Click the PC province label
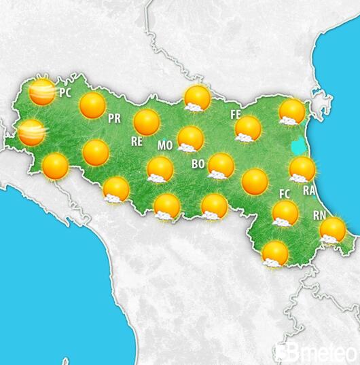[x=66, y=92]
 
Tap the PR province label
[x=114, y=118]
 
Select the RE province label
[x=137, y=142]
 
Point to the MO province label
[x=165, y=145]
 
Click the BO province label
[x=198, y=164]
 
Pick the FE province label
[x=236, y=114]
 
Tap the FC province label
[x=285, y=194]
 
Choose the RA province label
[x=309, y=191]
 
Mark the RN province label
[x=319, y=215]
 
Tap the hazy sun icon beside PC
[x=42, y=92]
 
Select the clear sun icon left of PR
[x=92, y=105]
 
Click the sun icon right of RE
[x=147, y=122]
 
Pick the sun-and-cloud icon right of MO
[x=190, y=139]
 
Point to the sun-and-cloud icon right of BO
[x=221, y=166]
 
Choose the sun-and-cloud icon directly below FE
[x=248, y=128]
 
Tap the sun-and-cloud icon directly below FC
[x=285, y=213]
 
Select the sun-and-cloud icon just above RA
[x=302, y=169]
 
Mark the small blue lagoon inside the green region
[x=297, y=145]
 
